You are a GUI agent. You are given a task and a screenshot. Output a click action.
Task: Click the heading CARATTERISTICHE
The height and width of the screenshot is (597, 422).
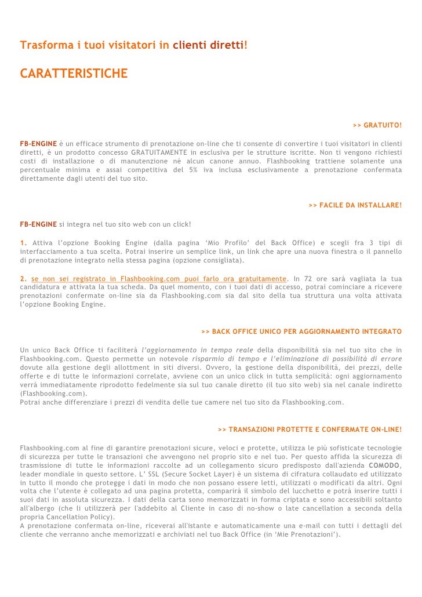pos(73,74)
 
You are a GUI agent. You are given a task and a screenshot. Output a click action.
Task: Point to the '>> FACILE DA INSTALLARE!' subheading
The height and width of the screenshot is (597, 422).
pos(355,205)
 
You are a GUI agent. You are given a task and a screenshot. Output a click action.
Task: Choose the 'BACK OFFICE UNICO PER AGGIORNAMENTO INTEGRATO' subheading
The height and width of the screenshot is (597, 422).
pos(301,332)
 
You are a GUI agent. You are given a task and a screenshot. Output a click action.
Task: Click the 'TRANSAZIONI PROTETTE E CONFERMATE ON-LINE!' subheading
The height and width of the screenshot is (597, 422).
pos(310,429)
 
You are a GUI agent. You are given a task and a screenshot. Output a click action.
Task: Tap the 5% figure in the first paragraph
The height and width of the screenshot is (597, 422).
pos(194,170)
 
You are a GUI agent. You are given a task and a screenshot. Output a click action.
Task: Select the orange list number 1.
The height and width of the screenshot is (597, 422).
pos(22,242)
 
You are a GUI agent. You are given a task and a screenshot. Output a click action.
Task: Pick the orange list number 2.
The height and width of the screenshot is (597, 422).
pos(22,279)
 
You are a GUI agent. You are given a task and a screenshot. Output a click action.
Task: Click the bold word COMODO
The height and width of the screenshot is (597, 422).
pos(384,465)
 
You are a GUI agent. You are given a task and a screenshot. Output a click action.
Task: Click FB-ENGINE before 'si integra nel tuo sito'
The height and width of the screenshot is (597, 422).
pos(38,224)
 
